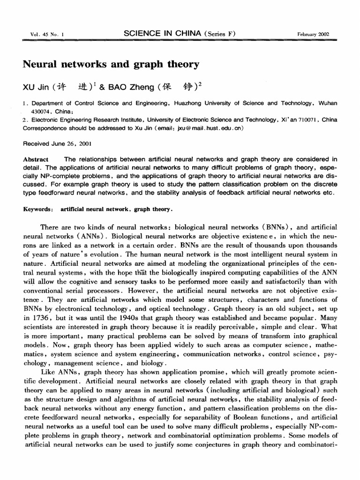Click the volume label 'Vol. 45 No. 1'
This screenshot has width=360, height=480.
coord(40,34)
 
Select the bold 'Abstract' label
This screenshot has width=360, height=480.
coord(36,159)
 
